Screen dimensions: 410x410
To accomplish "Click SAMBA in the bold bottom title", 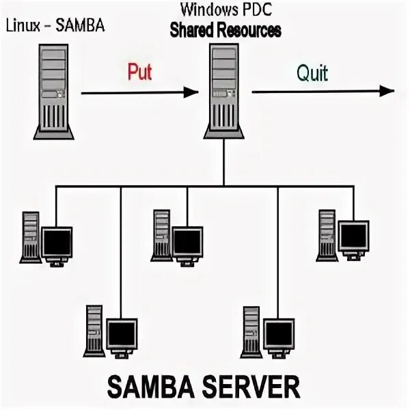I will pyautogui.click(x=148, y=387).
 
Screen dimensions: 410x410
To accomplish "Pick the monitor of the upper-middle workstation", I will pyautogui.click(x=187, y=240).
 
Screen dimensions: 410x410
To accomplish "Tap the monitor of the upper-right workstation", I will pyautogui.click(x=354, y=236).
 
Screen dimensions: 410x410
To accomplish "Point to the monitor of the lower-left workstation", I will pyautogui.click(x=122, y=333).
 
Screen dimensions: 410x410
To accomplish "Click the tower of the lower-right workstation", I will pyautogui.click(x=251, y=331).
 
